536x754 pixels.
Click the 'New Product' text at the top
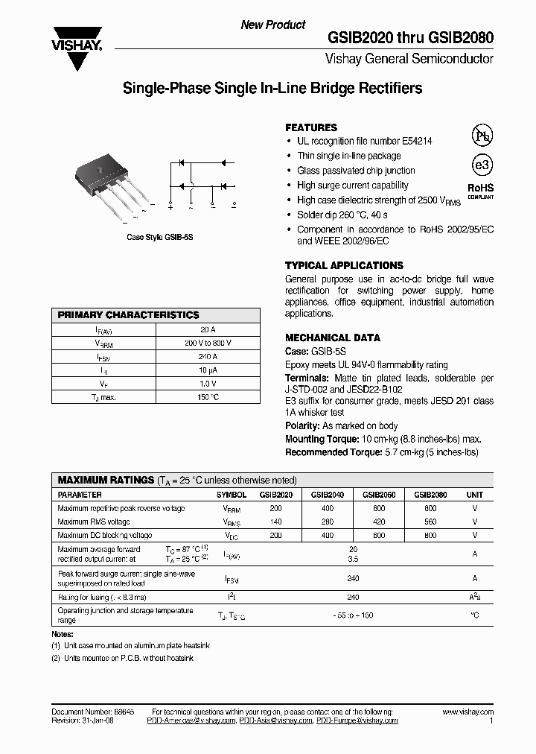coord(272,25)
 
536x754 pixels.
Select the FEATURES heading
coord(311,127)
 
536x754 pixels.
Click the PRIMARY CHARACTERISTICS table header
coord(129,315)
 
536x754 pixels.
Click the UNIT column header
coord(474,495)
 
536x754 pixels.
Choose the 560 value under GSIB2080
coord(430,522)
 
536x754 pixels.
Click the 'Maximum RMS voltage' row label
coord(94,522)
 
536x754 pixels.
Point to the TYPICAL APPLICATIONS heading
coord(344,265)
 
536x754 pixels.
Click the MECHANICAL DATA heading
coord(333,338)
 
